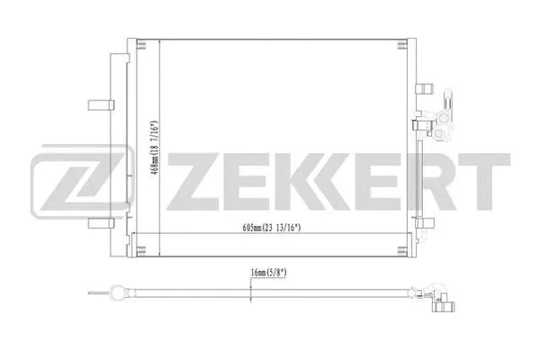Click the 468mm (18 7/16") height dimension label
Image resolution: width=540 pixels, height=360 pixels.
pos(154,151)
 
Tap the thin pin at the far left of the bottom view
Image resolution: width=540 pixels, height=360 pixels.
pos(93,291)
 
